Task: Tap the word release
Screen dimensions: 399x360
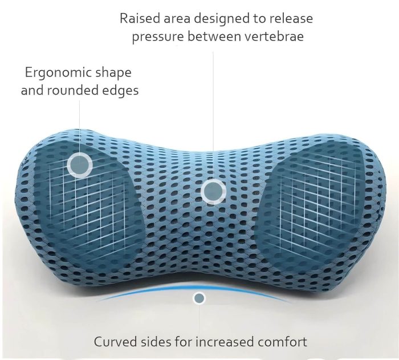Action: point(291,19)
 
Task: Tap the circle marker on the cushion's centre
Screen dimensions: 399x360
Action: point(213,191)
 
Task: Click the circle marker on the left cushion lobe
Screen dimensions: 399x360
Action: point(80,164)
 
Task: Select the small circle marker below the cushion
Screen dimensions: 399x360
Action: point(199,298)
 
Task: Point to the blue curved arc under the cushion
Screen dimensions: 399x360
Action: point(195,288)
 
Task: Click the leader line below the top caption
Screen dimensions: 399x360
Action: point(213,115)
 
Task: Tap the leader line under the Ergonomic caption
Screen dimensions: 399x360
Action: point(79,126)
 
